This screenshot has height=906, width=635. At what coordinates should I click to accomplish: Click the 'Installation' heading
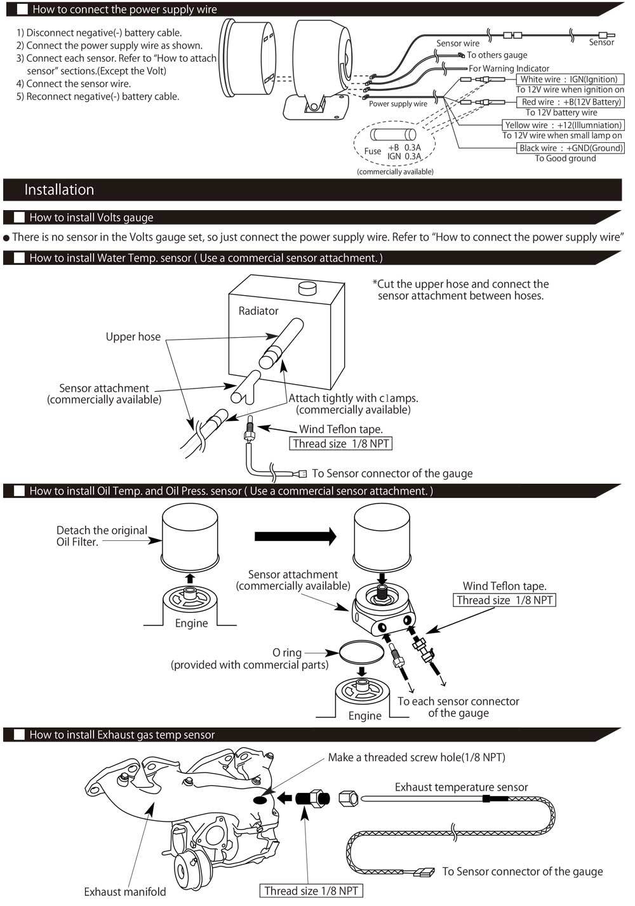(x=59, y=190)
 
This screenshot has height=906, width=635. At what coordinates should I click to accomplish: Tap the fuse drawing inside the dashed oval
(x=393, y=135)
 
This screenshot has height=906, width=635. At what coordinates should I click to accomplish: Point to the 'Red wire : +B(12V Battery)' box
(x=571, y=102)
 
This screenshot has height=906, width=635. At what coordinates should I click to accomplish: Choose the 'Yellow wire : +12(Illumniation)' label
(x=563, y=125)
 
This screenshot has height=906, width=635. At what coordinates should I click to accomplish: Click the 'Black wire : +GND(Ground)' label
(x=571, y=148)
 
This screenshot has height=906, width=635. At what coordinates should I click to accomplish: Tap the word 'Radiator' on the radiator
(x=258, y=311)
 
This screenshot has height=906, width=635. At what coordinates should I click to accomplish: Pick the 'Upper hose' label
(x=133, y=336)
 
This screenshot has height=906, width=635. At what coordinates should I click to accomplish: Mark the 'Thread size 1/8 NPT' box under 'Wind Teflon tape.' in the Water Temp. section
(x=340, y=444)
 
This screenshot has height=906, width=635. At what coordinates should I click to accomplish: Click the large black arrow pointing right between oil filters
(x=295, y=536)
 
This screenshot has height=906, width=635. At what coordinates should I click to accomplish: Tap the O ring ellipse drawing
(x=362, y=652)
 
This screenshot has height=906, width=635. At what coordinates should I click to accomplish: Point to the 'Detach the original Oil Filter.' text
(x=102, y=536)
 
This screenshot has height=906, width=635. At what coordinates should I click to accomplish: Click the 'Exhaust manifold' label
(x=124, y=891)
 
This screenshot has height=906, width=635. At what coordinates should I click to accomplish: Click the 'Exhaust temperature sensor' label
(x=461, y=787)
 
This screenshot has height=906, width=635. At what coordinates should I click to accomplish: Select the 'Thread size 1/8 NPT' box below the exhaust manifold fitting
(x=311, y=891)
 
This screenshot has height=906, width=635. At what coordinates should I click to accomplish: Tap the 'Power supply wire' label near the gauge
(x=398, y=104)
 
